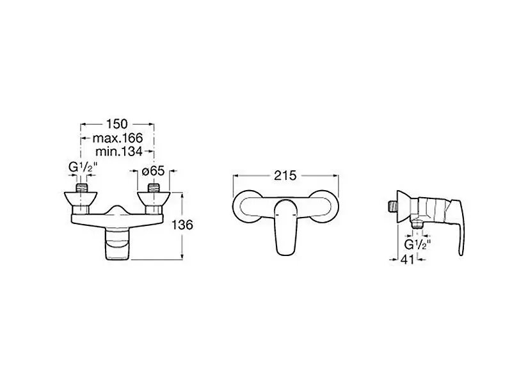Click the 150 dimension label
coord(117,124)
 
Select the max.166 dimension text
coord(118,138)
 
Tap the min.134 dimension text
coord(119,152)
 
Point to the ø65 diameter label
coord(153,171)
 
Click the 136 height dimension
coord(182,225)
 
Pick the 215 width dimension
coord(285,175)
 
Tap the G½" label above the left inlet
coord(83,168)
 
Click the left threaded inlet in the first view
coord(82,188)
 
